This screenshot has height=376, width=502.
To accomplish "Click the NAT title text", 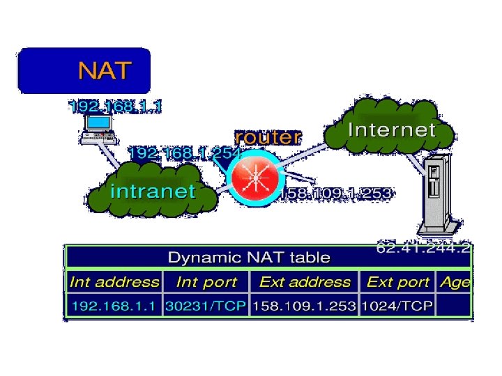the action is tap(105, 70).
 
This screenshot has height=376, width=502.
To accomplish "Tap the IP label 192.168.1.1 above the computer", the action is tap(116, 107).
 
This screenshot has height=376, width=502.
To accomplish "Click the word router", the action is tap(268, 137).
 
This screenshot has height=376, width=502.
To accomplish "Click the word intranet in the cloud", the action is tap(153, 191).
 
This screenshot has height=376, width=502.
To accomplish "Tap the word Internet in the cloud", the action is tap(392, 130).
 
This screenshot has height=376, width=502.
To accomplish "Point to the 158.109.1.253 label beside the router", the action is tap(336, 193).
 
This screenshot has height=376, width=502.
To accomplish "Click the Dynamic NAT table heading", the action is tap(249, 258).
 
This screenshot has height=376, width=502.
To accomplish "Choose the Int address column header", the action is tap(114, 282).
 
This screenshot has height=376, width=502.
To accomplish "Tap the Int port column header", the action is tap(206, 282).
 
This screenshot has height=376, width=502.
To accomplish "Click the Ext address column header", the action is tap(305, 282).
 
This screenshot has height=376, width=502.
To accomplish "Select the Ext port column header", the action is tap(398, 282).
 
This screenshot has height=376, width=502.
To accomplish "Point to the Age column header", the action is tap(455, 282).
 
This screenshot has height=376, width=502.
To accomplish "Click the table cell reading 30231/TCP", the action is tap(206, 306).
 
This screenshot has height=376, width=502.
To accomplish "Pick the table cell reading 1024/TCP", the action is tap(397, 306).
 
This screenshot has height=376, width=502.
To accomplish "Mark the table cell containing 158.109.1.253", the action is tap(305, 306).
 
